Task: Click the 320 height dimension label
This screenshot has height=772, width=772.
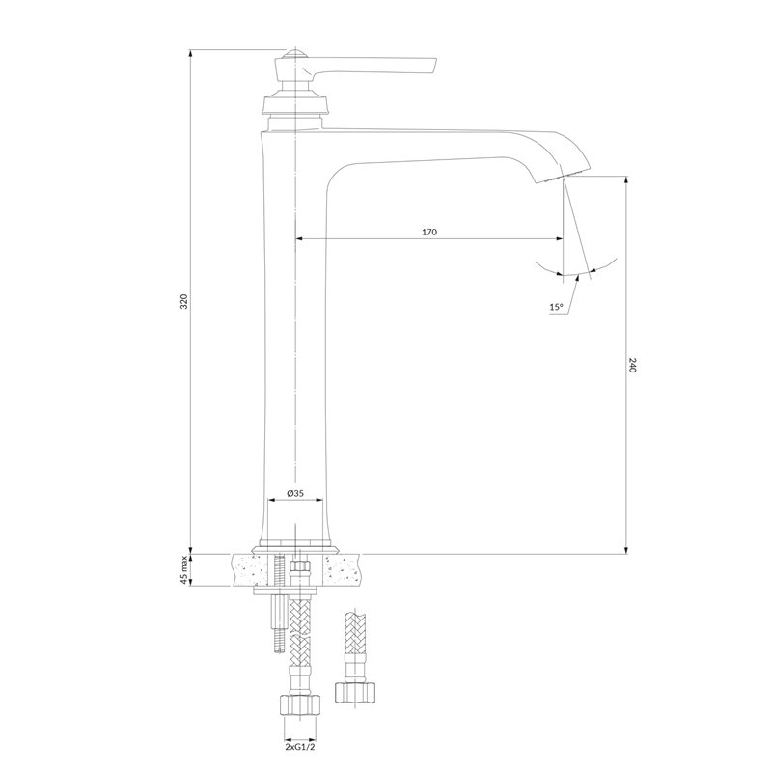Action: point(184,301)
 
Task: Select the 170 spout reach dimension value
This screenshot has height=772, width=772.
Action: point(429,232)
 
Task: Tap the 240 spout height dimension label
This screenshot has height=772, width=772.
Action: point(633,365)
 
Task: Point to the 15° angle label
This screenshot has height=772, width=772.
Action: point(556,307)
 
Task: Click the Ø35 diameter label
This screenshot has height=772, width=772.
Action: point(295,492)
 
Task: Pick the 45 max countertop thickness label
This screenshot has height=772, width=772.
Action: point(184,570)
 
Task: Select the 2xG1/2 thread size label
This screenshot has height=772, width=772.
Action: point(299,746)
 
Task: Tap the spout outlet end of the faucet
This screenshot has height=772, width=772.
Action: point(562,177)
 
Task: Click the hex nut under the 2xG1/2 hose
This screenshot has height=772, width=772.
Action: point(300,705)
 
